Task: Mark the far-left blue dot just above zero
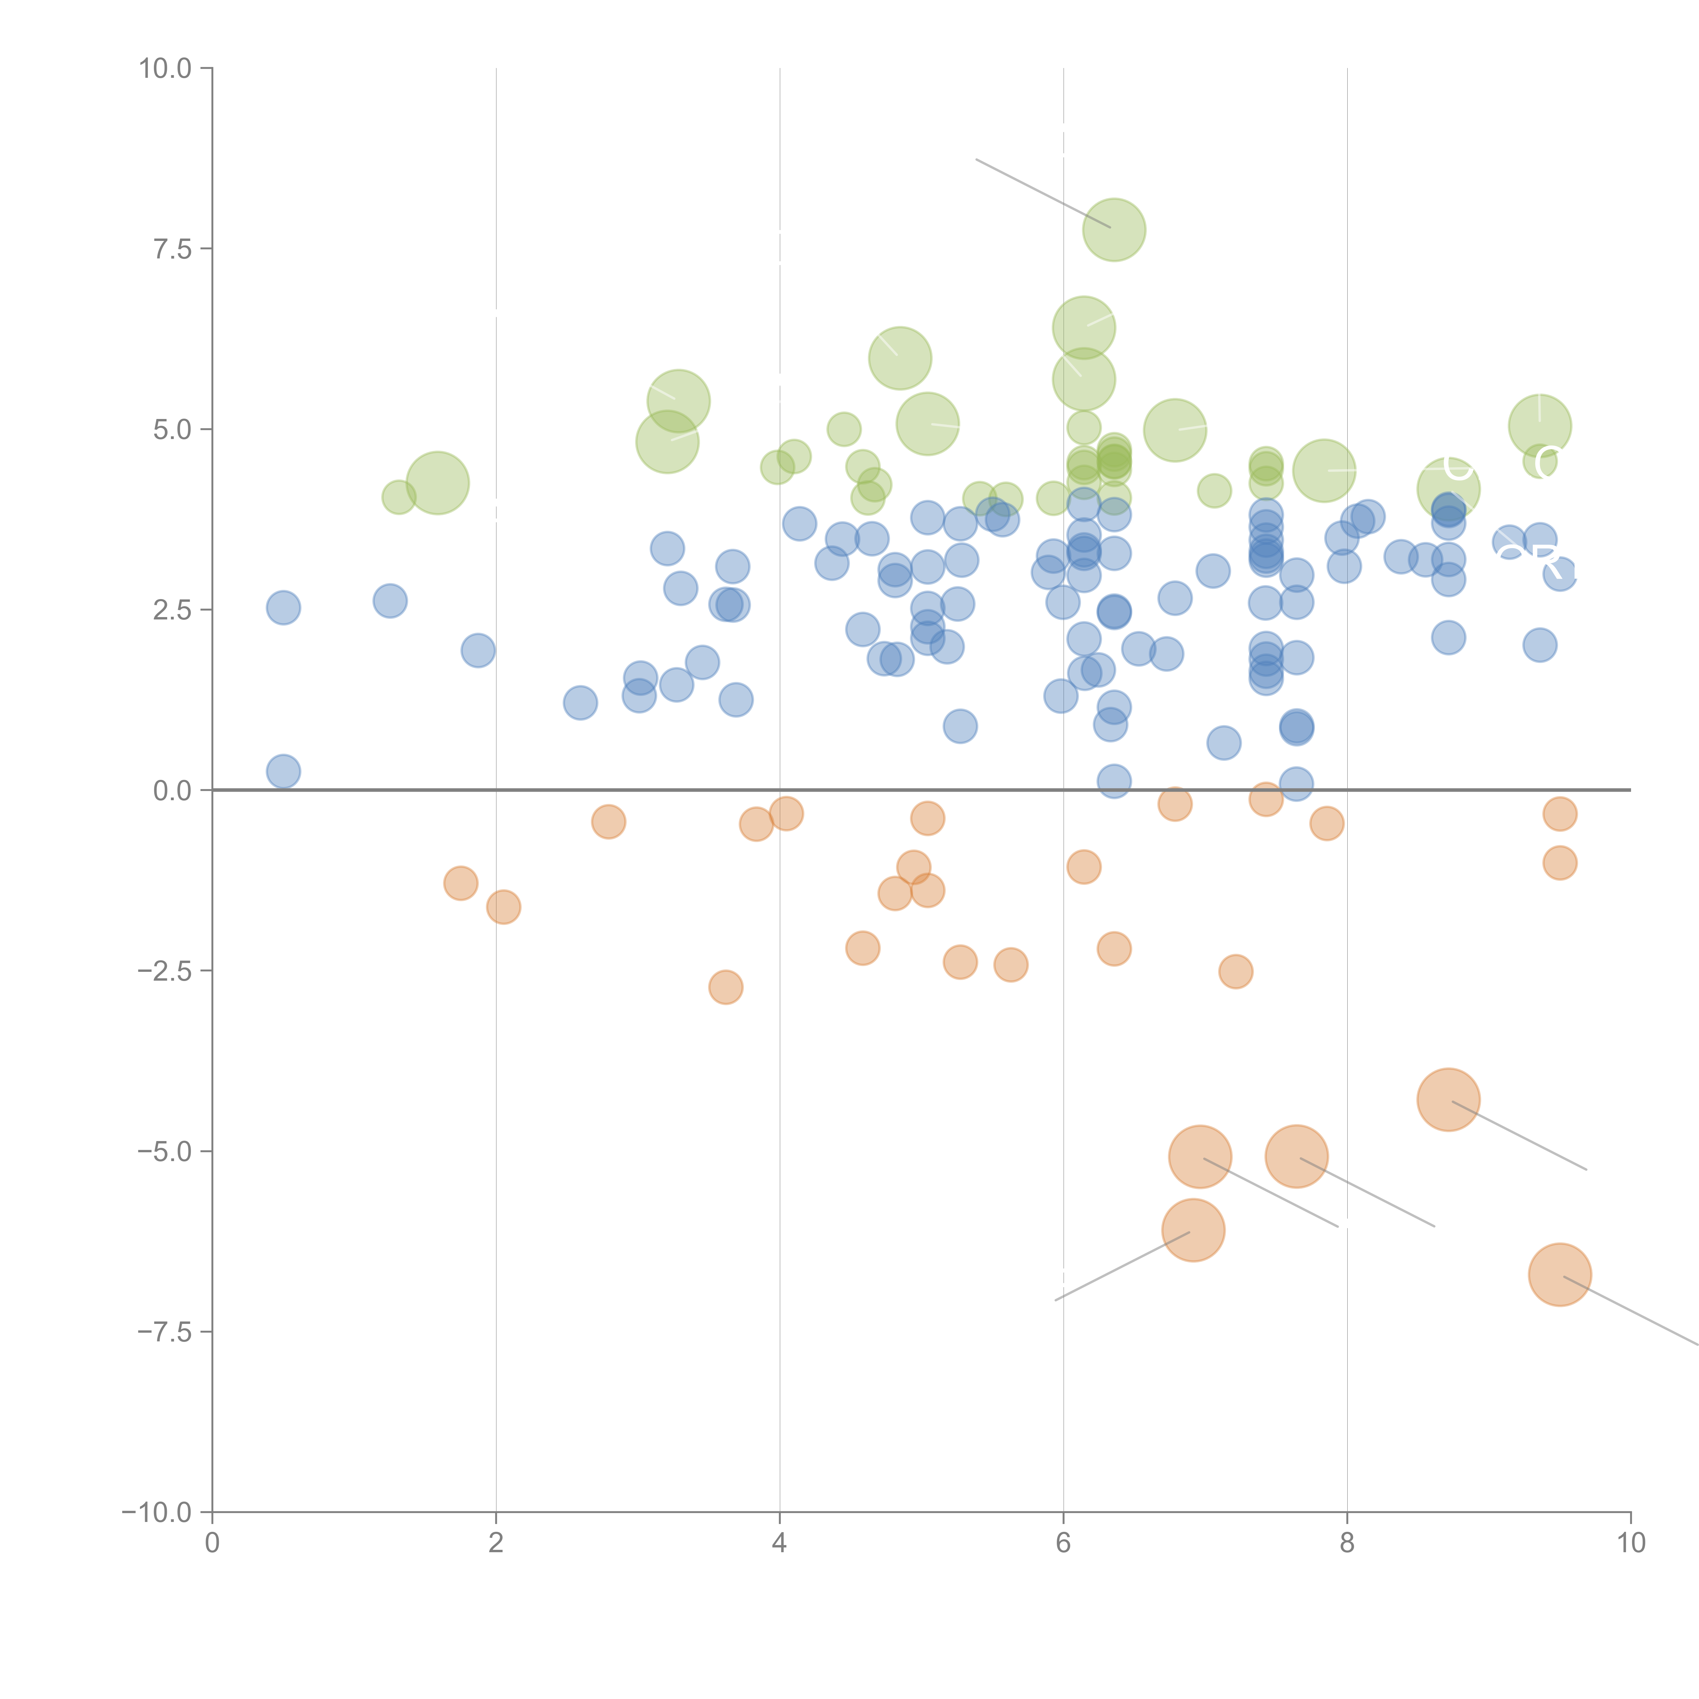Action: (x=283, y=771)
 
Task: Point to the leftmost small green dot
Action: (x=399, y=498)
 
